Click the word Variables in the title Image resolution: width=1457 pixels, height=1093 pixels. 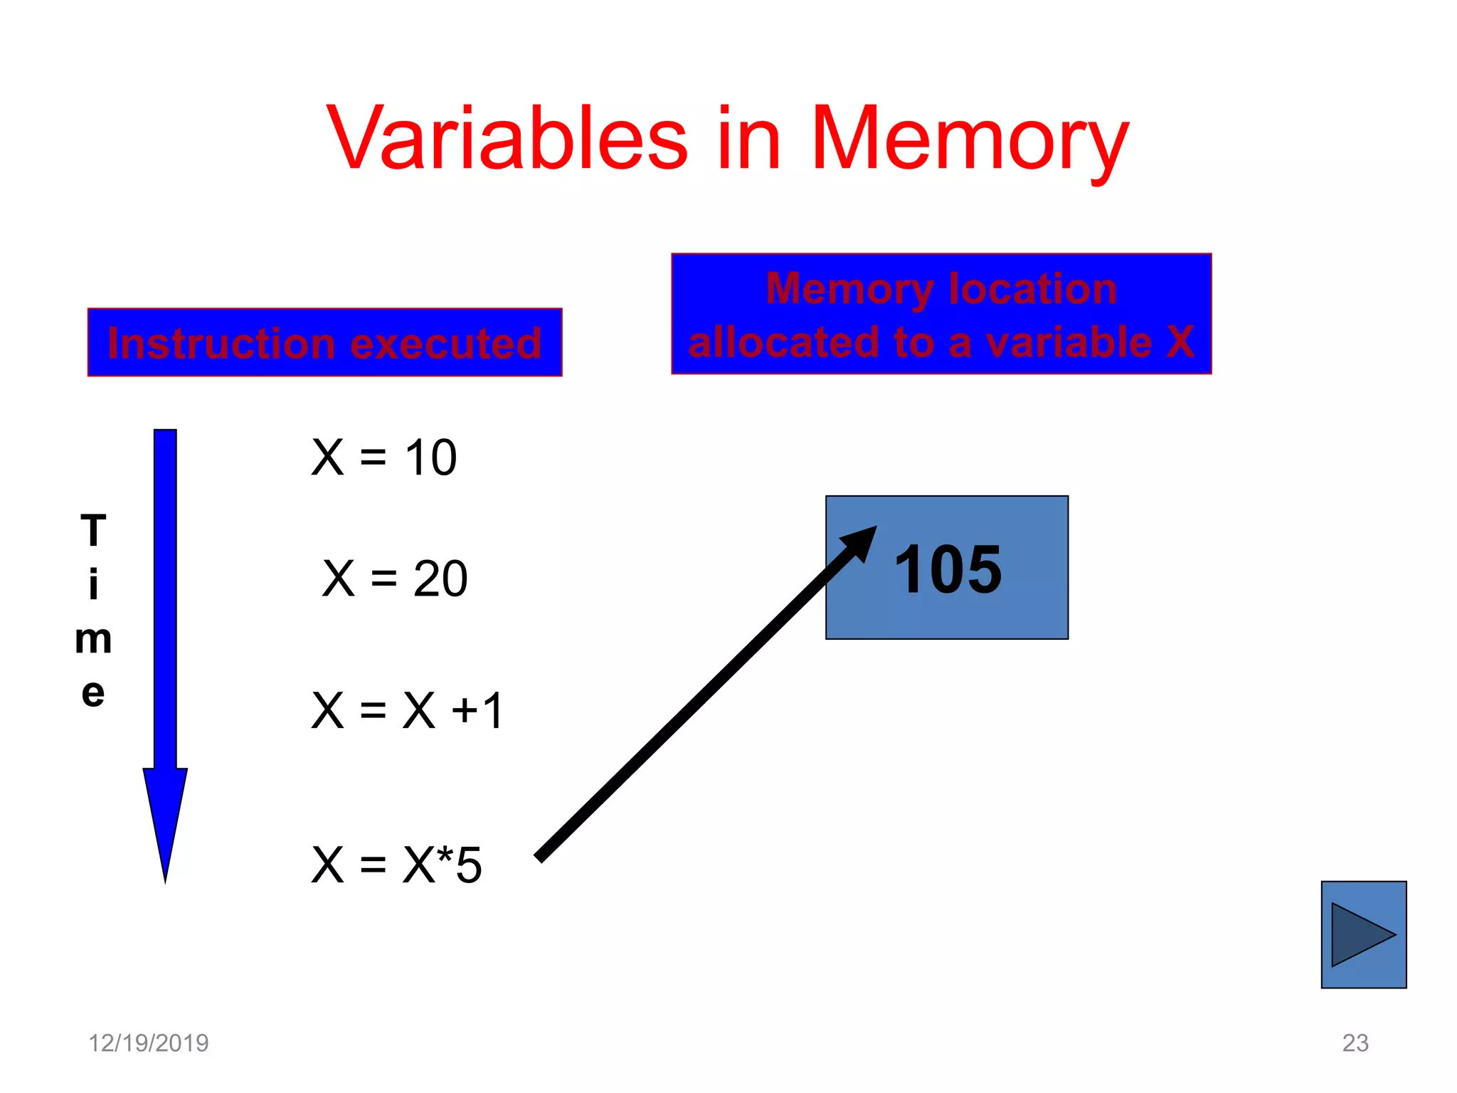tap(507, 138)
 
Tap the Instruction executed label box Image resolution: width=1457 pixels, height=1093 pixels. tap(324, 342)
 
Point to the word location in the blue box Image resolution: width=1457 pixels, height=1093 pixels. tap(1032, 289)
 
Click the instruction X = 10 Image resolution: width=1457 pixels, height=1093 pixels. tap(384, 457)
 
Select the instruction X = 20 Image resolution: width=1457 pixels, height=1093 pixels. tap(395, 578)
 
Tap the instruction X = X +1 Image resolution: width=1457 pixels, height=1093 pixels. tap(408, 710)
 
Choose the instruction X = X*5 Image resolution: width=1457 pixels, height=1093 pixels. tap(397, 865)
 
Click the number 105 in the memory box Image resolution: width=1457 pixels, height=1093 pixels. tap(948, 569)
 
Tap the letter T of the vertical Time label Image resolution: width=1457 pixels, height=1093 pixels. tap(93, 531)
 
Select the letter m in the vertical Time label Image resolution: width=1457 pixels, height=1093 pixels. tap(93, 639)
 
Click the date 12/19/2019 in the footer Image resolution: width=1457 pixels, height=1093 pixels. tap(148, 1042)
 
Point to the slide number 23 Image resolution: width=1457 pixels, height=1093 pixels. tap(1355, 1042)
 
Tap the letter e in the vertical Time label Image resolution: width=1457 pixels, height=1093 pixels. tap(93, 693)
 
